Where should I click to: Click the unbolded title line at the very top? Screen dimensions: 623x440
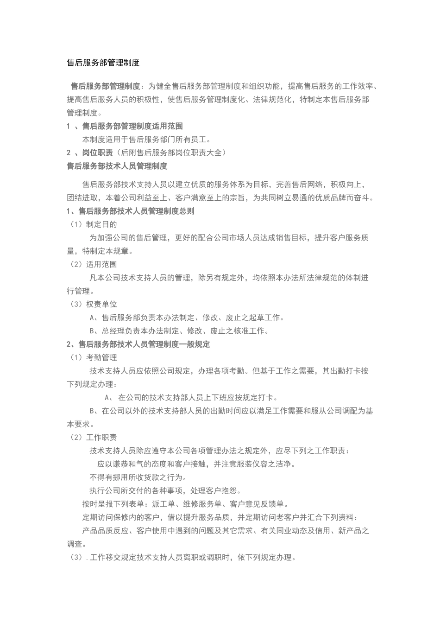pos(103,63)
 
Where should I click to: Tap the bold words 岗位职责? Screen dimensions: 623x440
pos(97,153)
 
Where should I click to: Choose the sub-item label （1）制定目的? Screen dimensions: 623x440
pos(92,225)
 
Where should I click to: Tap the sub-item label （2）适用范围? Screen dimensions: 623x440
pos(92,265)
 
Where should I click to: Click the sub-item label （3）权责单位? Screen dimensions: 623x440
pos(92,305)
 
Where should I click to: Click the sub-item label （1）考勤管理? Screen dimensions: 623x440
pos(92,358)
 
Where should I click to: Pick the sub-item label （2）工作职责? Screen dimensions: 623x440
pos(92,438)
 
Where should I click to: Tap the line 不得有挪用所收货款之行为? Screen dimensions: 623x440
pos(138,477)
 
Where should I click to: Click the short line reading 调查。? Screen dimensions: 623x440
pos(76,544)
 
